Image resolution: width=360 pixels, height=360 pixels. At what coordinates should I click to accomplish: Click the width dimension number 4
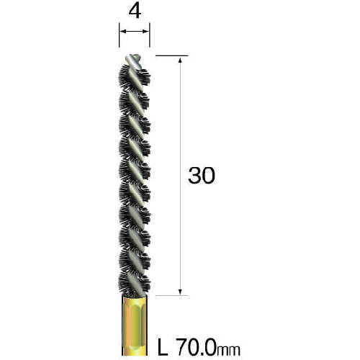coord(135,12)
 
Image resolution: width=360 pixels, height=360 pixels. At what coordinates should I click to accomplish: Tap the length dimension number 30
coord(202,176)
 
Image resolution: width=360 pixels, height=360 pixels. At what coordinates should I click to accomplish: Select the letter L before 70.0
coord(163,347)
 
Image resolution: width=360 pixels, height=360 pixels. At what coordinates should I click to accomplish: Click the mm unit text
coord(228,351)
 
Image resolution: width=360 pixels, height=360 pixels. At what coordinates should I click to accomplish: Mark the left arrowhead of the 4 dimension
coord(122,31)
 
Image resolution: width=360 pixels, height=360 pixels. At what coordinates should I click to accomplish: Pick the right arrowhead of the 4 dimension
coord(146,31)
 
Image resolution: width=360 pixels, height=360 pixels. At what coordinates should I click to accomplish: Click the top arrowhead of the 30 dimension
coord(180,60)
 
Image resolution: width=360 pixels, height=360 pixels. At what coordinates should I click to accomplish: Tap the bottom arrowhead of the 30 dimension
coord(180,292)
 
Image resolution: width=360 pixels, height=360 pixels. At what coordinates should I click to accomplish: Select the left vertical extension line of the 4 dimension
coord(120,35)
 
